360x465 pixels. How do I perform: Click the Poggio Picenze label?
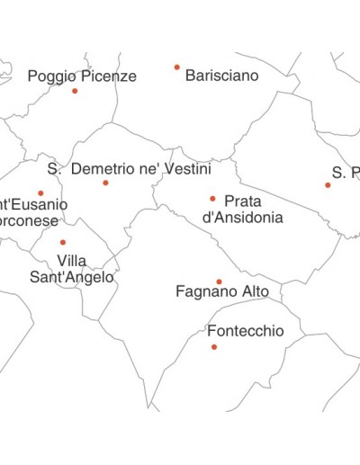[82, 76]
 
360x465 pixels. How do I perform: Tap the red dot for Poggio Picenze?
[75, 91]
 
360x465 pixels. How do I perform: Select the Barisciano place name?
[221, 76]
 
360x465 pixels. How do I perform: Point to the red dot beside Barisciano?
[176, 67]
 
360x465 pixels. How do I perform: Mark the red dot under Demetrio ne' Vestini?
[105, 183]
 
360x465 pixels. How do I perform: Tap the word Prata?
[243, 201]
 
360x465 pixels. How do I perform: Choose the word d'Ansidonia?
[243, 217]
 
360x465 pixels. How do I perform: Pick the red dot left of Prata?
[212, 199]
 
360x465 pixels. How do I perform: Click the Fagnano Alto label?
[221, 291]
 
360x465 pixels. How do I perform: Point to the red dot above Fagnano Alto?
[219, 282]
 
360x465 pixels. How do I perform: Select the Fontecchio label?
[246, 331]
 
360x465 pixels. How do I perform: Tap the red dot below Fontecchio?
[214, 346]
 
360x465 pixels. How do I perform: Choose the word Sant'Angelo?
[72, 277]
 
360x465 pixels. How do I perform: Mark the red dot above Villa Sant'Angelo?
[63, 242]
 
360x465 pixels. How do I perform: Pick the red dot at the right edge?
[328, 185]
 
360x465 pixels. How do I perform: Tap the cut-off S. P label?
[346, 172]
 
